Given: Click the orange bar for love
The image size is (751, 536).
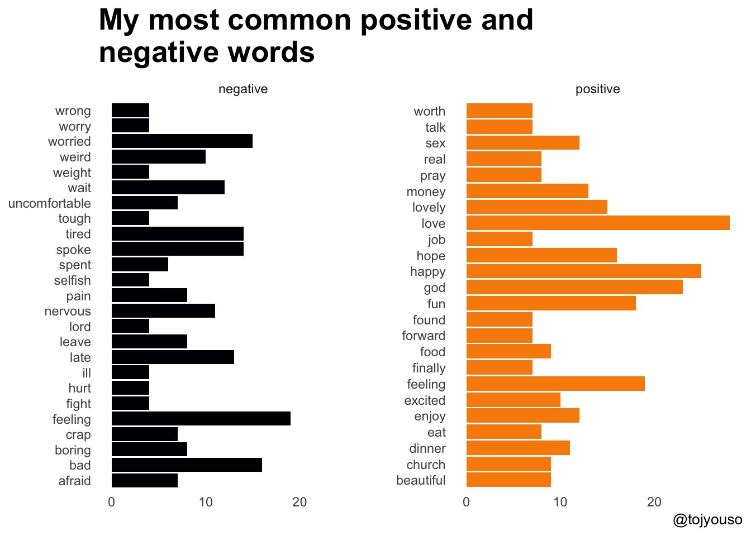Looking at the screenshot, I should [x=598, y=223].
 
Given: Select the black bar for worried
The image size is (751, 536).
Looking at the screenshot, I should [x=182, y=141].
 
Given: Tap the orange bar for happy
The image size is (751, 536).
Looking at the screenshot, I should [x=583, y=271].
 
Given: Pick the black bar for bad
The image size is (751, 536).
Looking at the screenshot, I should [x=187, y=465].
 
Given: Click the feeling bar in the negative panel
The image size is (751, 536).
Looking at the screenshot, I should [x=201, y=419].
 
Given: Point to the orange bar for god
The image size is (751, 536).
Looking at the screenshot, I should [x=574, y=288].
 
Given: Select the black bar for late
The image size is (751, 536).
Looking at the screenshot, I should [x=173, y=357].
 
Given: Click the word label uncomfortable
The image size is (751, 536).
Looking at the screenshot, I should [x=49, y=203].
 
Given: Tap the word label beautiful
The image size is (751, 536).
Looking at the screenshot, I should [x=421, y=480].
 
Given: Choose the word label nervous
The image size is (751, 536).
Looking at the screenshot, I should [x=68, y=311].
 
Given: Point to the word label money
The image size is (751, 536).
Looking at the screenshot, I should [x=426, y=192].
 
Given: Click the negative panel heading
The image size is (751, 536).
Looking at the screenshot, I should [x=243, y=89].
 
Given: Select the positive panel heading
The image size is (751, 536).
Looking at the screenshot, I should [x=597, y=89].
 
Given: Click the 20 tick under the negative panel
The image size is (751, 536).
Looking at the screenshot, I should [x=300, y=502].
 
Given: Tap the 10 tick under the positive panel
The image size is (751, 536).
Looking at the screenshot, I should [x=560, y=502].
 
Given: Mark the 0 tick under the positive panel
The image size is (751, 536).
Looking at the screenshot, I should [x=467, y=502].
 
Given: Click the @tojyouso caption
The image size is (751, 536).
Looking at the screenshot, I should [x=707, y=520].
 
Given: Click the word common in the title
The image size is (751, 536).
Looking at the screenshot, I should [x=290, y=20].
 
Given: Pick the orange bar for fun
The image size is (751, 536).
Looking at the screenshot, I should [x=551, y=303].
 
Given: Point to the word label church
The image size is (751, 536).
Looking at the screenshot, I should [x=426, y=465].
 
